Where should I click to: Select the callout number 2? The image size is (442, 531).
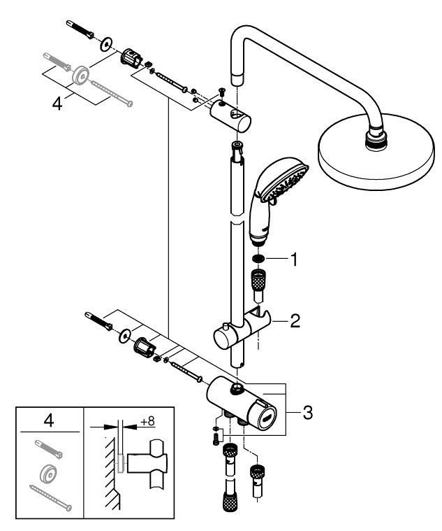click(x=296, y=322)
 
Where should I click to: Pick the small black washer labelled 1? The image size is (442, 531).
click(x=258, y=259)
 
